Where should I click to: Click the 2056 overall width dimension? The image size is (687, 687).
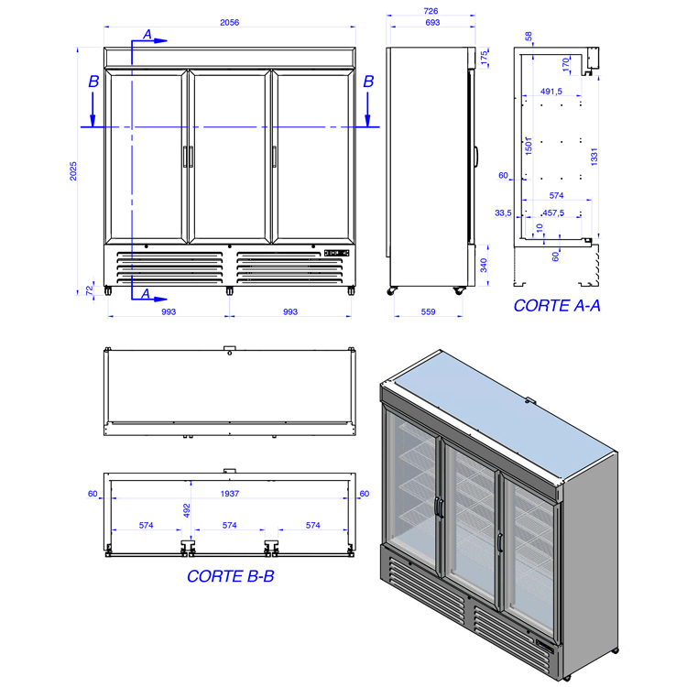229,22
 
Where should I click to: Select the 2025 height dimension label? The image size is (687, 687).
73,171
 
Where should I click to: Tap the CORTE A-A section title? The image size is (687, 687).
556,305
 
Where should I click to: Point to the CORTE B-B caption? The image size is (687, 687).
231,576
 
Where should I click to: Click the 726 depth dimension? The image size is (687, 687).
431,11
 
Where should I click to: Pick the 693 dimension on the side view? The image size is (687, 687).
432,22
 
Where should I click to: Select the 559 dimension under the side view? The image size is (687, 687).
428,311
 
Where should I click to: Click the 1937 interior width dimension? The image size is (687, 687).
230,494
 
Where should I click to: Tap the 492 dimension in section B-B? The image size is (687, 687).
187,510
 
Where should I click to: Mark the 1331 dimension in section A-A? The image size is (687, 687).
594,157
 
